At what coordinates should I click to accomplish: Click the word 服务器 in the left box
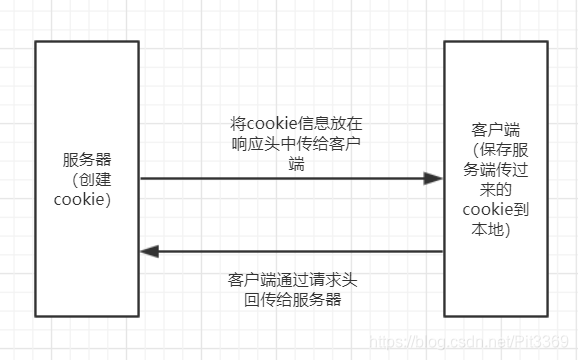pyautogui.click(x=86, y=160)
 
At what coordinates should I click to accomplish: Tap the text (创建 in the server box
pyautogui.click(x=86, y=180)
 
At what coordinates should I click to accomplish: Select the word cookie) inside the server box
pyautogui.click(x=82, y=199)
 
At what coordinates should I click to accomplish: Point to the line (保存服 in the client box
pyautogui.click(x=497, y=151)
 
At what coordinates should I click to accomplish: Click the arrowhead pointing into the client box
pyautogui.click(x=433, y=179)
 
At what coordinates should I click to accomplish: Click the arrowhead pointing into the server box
pyautogui.click(x=149, y=251)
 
